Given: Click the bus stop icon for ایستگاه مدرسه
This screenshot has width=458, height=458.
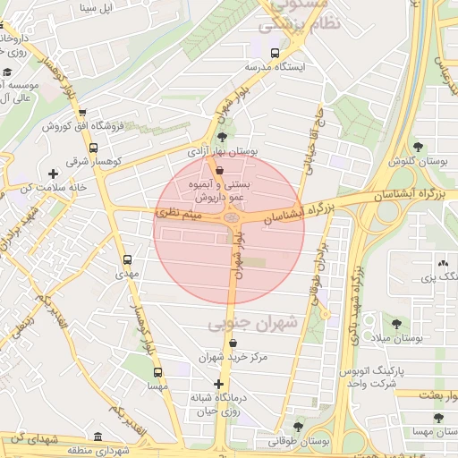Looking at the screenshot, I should [275, 53].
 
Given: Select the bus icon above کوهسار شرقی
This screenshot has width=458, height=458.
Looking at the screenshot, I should [83, 114].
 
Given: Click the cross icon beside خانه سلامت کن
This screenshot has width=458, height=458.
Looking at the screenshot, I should [52, 174].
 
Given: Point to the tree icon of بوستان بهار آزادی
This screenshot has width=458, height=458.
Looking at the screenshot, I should [222, 138].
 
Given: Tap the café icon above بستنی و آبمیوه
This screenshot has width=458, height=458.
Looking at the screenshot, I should [219, 169].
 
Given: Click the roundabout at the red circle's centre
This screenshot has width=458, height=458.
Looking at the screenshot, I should [232, 216].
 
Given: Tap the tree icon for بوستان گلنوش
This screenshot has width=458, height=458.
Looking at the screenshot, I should [418, 147].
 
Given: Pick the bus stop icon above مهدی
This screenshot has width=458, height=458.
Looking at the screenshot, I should [126, 260].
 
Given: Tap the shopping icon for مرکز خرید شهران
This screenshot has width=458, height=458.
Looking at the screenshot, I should [233, 343].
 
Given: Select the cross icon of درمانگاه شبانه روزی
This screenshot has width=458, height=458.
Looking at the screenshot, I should [218, 384].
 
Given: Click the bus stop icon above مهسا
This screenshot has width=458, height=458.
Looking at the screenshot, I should [157, 372].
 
